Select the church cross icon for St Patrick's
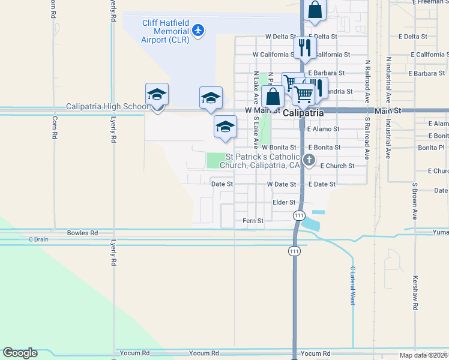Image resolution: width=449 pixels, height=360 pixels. pyautogui.click(x=309, y=160)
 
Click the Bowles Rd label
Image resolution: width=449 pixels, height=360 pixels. pyautogui.click(x=82, y=233)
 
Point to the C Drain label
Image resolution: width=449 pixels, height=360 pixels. pyautogui.click(x=38, y=239)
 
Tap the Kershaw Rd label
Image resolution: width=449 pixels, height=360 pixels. pyautogui.click(x=415, y=293)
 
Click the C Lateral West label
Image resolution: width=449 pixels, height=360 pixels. pyautogui.click(x=353, y=286)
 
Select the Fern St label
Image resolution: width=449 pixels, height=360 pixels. pyautogui.click(x=253, y=221)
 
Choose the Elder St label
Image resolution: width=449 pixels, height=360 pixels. pyautogui.click(x=284, y=202)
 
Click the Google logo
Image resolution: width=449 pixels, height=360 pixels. pyautogui.click(x=20, y=353)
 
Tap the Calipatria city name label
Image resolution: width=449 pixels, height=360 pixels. pyautogui.click(x=303, y=113)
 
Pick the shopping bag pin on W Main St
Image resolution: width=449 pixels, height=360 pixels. pyautogui.click(x=273, y=97)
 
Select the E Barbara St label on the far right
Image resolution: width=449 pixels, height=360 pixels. pyautogui.click(x=426, y=74)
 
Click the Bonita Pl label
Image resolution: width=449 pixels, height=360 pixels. pyautogui.click(x=431, y=147)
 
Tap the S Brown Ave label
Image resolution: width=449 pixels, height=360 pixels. pyautogui.click(x=414, y=202)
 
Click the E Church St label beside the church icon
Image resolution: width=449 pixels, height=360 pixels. pyautogui.click(x=337, y=166)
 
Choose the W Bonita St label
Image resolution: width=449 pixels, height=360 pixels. pyautogui.click(x=279, y=147)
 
